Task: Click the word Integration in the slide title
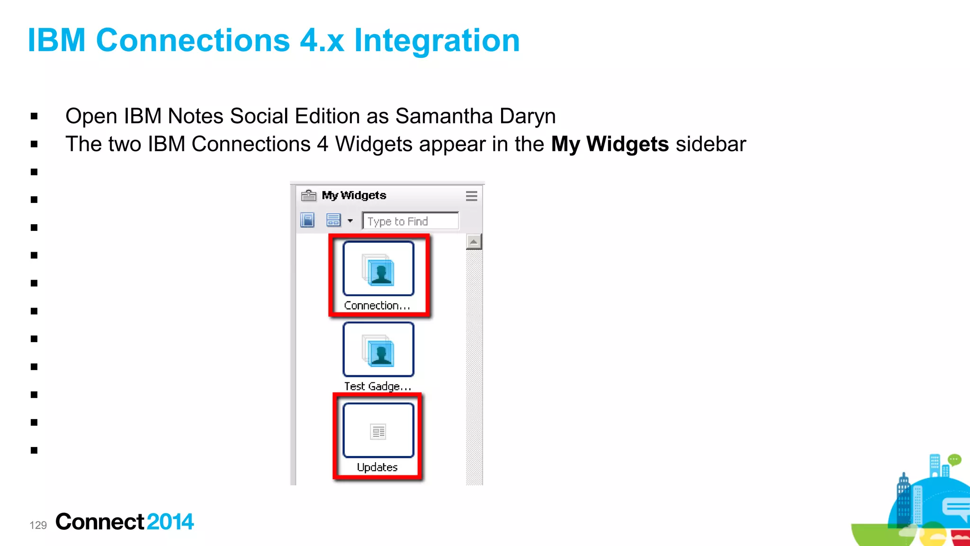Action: pos(437,40)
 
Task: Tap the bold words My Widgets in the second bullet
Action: pos(610,144)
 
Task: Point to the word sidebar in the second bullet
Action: pos(710,144)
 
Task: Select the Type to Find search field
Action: pos(410,221)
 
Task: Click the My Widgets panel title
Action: pos(354,195)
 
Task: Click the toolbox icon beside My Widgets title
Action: pos(308,195)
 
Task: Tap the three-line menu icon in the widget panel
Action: pos(471,196)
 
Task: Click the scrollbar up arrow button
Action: pos(474,242)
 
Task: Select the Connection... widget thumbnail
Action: pos(378,269)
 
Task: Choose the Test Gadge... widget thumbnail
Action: pos(378,350)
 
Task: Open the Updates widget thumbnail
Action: pos(378,430)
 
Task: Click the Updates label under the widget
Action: pos(377,467)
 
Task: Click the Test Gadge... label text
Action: pos(377,386)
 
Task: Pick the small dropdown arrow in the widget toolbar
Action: pos(350,221)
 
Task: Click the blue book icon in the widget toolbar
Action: pos(307,220)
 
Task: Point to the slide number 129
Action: pos(38,525)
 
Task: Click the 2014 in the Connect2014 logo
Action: pos(170,522)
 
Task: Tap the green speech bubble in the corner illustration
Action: pos(954,459)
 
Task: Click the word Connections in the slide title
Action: pos(192,40)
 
